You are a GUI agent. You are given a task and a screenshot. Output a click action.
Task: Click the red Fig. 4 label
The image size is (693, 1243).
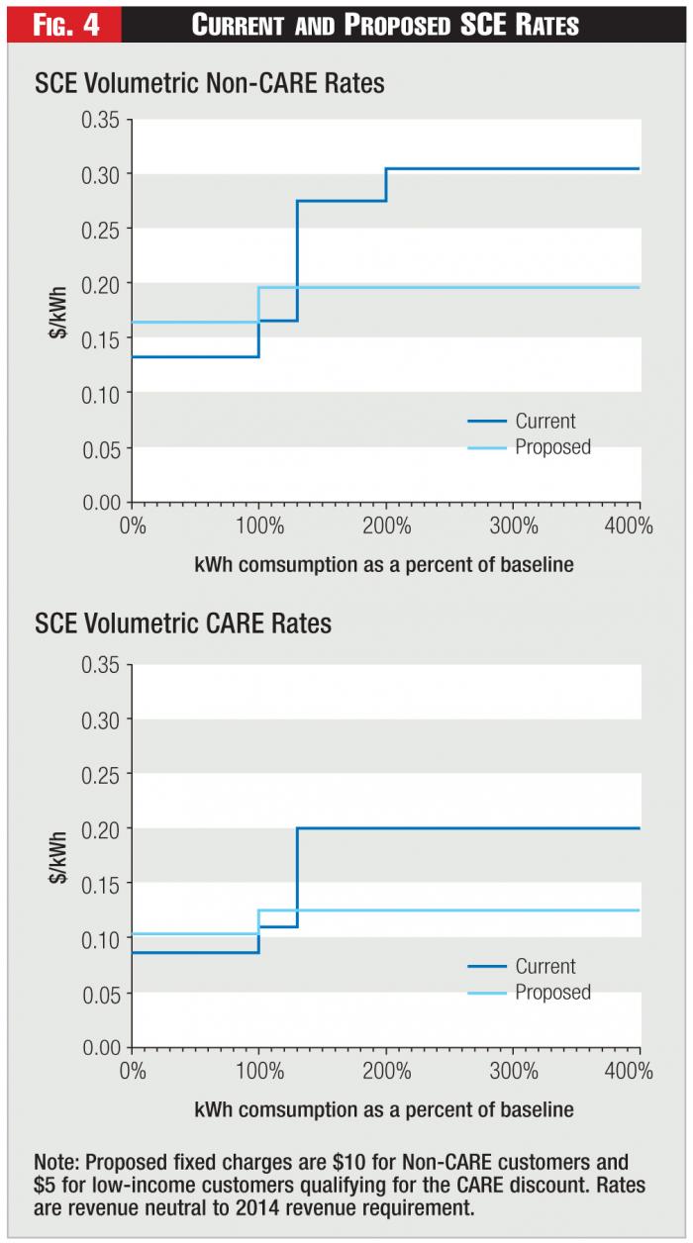point(61,23)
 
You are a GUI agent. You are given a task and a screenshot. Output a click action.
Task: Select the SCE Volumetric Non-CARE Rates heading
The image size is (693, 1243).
point(210,84)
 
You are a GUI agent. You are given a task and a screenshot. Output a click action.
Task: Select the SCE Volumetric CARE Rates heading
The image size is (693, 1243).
point(183,624)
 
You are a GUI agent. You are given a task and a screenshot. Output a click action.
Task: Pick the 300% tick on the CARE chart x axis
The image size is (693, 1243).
point(513,1071)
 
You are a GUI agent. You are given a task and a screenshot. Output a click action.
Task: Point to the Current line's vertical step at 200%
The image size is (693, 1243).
point(386,185)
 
